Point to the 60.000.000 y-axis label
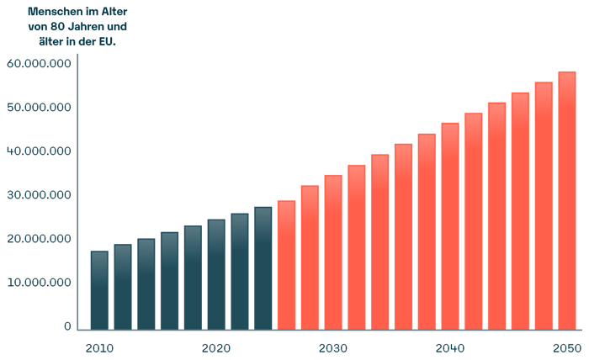38,64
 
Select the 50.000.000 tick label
38,108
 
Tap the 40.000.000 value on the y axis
38,151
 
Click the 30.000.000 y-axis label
38,195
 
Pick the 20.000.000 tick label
38,239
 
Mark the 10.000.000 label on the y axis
38,283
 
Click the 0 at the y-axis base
66,326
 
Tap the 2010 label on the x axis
99,348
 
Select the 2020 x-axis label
216,348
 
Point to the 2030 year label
333,348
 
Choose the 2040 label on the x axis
450,348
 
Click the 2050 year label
567,348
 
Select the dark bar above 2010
99,290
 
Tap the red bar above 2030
333,252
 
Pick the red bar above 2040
450,226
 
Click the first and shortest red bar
286,265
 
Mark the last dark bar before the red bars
263,268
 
